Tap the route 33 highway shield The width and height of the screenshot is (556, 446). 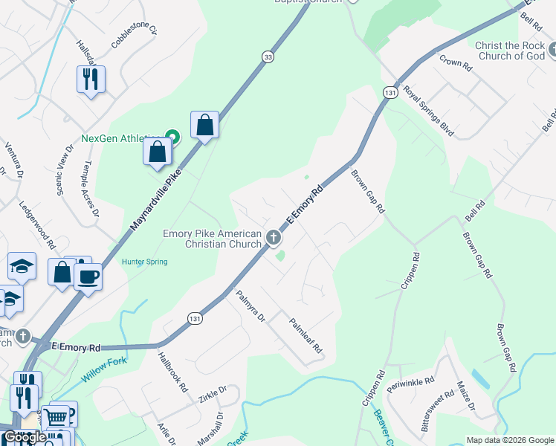267,56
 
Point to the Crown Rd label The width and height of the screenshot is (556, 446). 456,62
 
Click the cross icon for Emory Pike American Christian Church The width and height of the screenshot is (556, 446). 274,238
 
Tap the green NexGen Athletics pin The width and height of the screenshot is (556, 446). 172,136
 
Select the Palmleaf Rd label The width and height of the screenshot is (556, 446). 306,335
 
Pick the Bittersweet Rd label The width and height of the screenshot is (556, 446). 437,411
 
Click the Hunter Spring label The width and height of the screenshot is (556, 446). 146,262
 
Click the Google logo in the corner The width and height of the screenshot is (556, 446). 25,437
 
